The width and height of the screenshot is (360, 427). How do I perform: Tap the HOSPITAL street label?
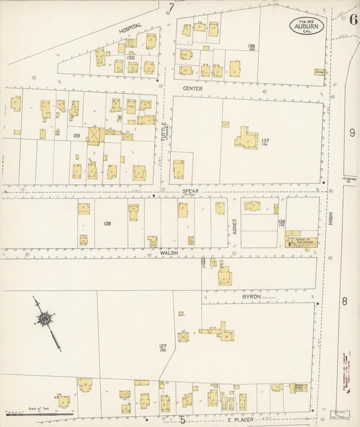132,30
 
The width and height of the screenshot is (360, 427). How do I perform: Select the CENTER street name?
192,88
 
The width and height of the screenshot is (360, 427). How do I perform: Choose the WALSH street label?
168,252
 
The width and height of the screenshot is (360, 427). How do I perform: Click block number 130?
131,58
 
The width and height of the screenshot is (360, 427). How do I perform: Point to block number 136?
251,46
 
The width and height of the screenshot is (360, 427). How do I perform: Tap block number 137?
265,141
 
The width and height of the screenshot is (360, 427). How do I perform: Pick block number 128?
107,222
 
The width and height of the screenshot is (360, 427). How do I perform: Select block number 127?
163,345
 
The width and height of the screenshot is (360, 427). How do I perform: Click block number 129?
77,136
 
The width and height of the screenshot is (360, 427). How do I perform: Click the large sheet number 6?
353,18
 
